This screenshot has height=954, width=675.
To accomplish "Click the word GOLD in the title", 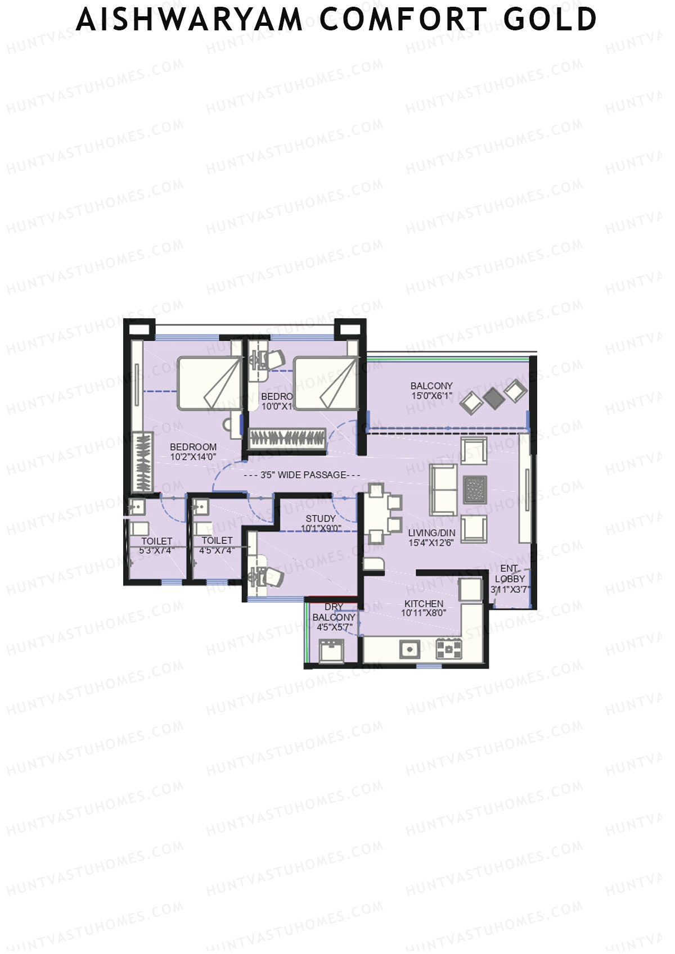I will pos(550,19).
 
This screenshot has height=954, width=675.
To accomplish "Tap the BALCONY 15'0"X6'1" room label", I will pos(431,390).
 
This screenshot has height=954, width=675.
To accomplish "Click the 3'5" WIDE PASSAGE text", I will pos(303,475).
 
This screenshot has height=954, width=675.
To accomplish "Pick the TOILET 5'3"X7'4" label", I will pos(156,545).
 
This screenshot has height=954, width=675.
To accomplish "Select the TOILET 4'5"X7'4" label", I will pos(217,545).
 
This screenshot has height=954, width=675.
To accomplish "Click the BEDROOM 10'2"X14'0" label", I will pos(193,451).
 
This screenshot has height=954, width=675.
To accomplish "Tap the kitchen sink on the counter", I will pos(409,649).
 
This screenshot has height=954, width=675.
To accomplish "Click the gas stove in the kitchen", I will pos(449,648).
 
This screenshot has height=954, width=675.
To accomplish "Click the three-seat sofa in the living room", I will pos(443,490).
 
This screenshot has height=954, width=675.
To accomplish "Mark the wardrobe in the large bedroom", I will pos(143,462).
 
